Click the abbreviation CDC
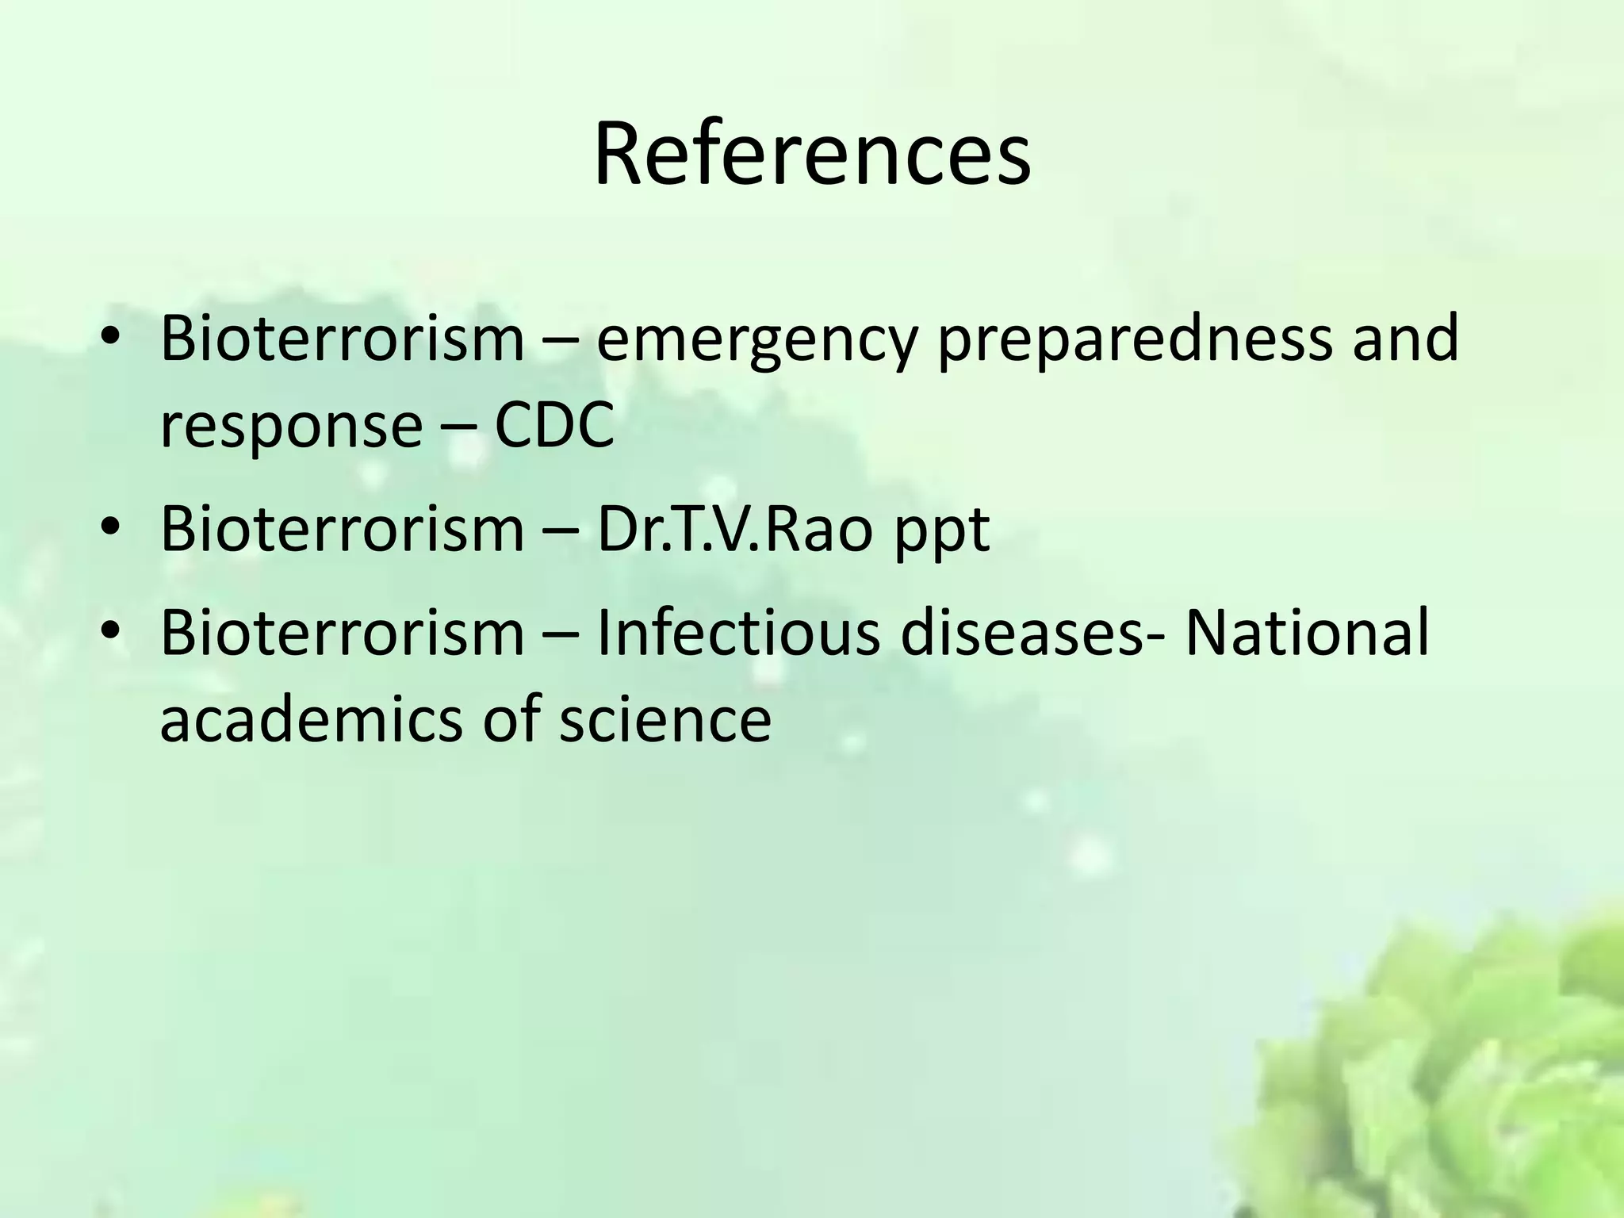(x=554, y=425)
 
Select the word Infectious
(x=737, y=632)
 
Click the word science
(x=665, y=719)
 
